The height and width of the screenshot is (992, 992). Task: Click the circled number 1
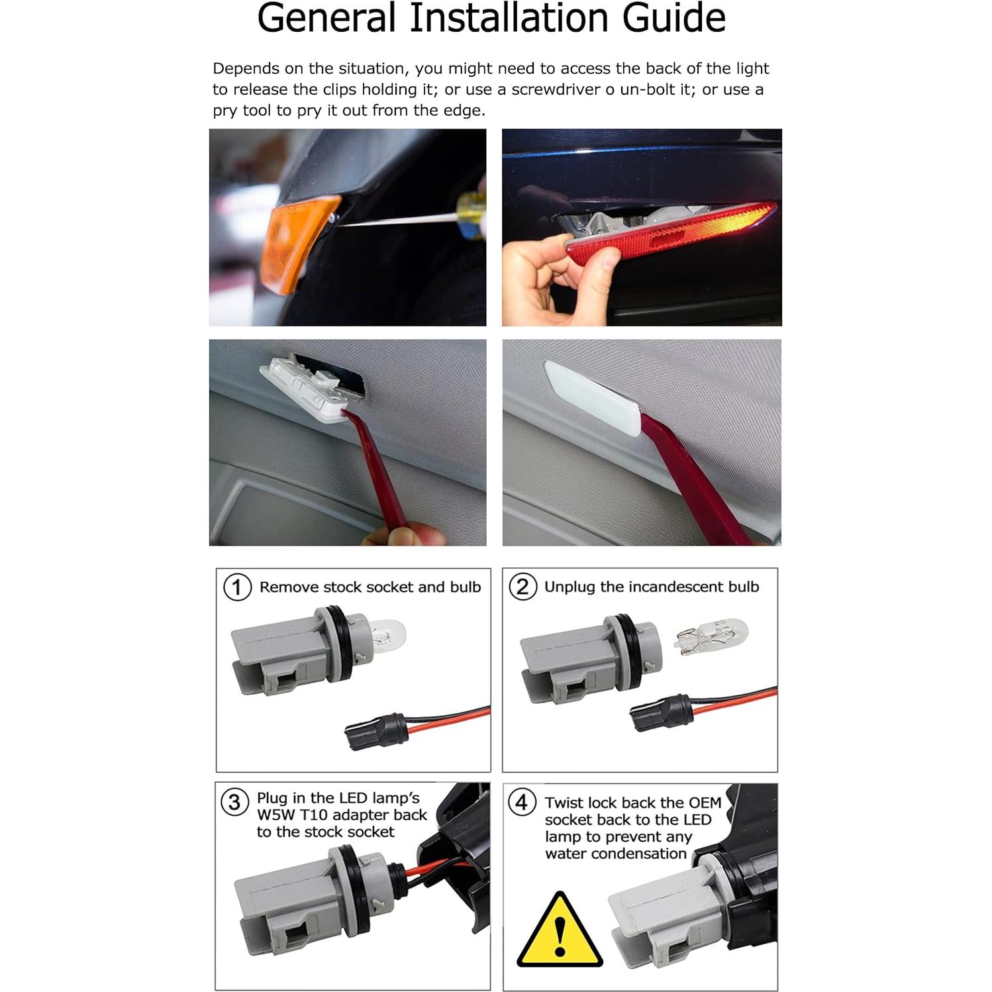click(237, 587)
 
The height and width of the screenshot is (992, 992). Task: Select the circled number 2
click(522, 587)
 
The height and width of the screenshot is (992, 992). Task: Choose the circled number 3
click(234, 802)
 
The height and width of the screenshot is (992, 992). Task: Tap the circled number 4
click(521, 802)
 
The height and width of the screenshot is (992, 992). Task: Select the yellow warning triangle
click(560, 934)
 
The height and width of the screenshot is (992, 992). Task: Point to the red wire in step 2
click(735, 698)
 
